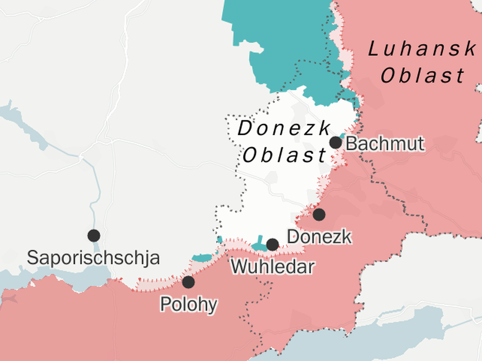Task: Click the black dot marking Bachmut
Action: click(335, 142)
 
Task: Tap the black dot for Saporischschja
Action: click(94, 235)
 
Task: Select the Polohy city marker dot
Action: click(188, 282)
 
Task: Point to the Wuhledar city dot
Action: click(272, 245)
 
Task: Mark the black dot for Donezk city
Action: click(319, 214)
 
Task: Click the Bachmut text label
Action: click(385, 143)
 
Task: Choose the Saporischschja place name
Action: click(93, 258)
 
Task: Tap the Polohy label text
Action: click(188, 304)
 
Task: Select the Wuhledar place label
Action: click(272, 266)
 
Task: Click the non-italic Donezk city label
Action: click(319, 237)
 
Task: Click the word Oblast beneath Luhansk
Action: click(422, 76)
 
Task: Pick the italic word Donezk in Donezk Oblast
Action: click(284, 129)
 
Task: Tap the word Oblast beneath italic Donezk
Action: click(284, 155)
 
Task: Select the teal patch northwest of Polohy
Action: click(201, 258)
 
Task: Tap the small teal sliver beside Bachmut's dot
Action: click(342, 136)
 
